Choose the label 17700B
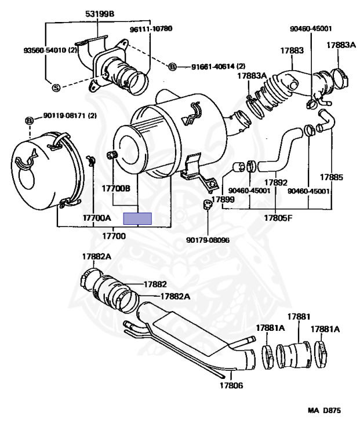coord(117,188)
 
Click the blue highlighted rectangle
coord(139,218)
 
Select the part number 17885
coord(332,177)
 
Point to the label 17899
coord(223,199)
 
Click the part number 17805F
coord(278,218)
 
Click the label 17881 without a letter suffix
coord(299,316)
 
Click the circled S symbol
coord(56,87)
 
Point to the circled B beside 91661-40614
coord(172,67)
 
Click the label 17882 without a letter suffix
coord(155,284)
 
